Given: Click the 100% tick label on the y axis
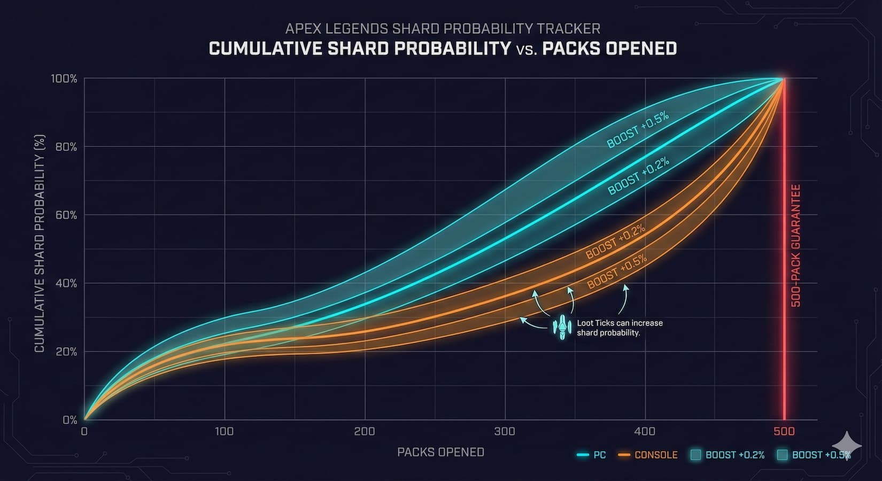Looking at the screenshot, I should tap(64, 79).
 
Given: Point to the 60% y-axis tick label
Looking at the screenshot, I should tap(66, 215).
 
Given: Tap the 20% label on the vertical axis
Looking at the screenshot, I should tap(66, 352).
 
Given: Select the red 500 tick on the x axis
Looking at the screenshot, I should tap(784, 431).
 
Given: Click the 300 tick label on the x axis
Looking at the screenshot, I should tap(505, 431).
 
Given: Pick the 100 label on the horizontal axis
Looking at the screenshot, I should tap(224, 431).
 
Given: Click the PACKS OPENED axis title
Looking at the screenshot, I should tap(440, 452).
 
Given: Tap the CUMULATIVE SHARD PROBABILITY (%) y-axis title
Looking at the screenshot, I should tap(40, 243).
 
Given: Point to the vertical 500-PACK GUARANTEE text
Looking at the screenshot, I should tap(796, 246).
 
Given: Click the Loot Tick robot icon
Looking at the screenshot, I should tap(562, 327).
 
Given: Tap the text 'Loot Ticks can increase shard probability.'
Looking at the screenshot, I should tap(619, 328).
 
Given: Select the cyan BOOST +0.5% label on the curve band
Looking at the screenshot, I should tap(638, 130).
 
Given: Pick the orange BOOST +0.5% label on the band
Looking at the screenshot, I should tap(617, 272).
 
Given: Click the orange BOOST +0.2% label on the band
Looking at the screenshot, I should tap(615, 242).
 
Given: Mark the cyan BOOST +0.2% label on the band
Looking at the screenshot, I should tap(638, 177).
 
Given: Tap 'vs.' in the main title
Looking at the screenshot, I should tap(527, 49).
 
